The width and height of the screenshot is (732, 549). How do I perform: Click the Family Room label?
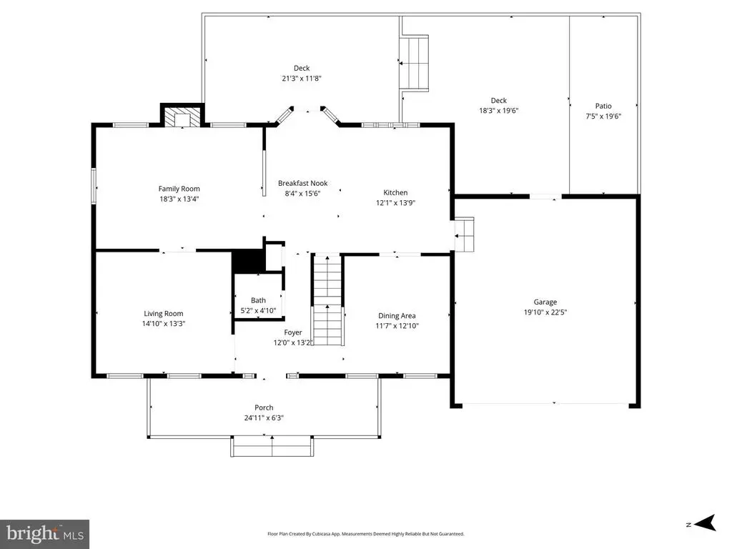click(x=179, y=189)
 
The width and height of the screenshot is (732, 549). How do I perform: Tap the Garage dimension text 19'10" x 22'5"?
click(x=545, y=312)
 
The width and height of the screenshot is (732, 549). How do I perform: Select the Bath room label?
click(x=258, y=300)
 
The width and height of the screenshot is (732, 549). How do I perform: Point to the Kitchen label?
click(x=395, y=192)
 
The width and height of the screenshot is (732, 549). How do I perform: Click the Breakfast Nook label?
click(x=302, y=183)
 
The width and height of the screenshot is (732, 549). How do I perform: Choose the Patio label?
click(x=603, y=106)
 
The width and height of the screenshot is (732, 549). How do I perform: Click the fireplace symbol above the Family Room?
click(x=182, y=117)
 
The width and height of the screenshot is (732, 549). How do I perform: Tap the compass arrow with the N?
click(x=705, y=523)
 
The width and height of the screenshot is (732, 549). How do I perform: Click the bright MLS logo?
click(x=44, y=534)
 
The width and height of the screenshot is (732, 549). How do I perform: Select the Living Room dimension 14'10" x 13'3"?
click(x=164, y=324)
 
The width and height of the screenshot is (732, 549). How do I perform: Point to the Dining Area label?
click(x=397, y=315)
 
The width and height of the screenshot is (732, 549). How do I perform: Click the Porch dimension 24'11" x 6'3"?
click(x=264, y=417)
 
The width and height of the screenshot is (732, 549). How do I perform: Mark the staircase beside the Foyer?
click(x=327, y=300)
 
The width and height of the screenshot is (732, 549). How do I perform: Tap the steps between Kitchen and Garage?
click(x=465, y=234)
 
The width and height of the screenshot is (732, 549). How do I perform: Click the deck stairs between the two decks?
click(x=414, y=63)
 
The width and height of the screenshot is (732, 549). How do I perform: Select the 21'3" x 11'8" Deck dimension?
click(x=302, y=79)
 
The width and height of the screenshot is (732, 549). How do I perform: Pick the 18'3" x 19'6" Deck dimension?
click(x=498, y=111)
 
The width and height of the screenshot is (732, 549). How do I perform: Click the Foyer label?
click(x=292, y=332)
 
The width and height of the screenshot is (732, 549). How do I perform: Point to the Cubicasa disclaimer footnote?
click(x=365, y=533)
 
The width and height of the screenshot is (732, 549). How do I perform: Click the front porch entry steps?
click(x=272, y=446)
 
